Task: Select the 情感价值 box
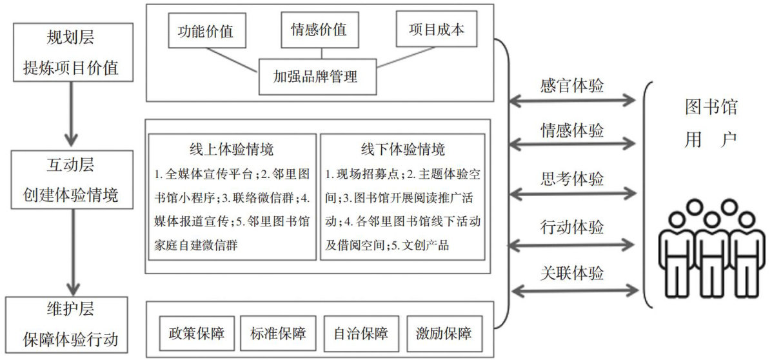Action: point(318,30)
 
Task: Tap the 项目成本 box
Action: point(436,30)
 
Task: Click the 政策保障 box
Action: point(196,334)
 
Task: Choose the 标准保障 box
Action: point(278,334)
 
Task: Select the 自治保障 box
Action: point(361,334)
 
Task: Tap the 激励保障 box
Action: point(444,334)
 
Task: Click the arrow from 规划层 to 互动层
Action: point(72,114)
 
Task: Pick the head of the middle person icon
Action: point(694,207)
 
